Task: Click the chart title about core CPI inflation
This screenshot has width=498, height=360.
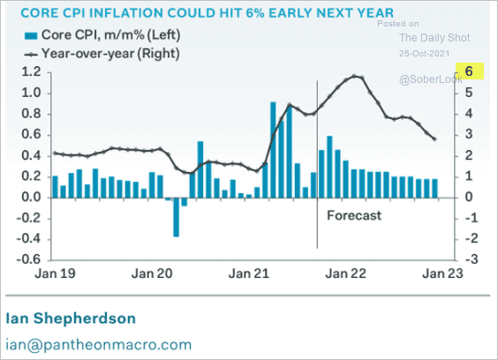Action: click(x=207, y=13)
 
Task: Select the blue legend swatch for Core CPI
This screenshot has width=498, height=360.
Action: click(x=31, y=35)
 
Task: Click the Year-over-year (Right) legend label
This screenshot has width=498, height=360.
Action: click(x=110, y=53)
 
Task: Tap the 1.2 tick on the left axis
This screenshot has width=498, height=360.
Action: click(x=32, y=72)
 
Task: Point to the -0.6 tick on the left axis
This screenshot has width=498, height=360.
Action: click(x=29, y=259)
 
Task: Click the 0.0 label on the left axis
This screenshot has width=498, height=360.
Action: click(x=32, y=197)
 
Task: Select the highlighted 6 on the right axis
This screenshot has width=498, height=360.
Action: click(x=470, y=71)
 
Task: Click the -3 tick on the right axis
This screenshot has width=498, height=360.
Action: click(x=472, y=259)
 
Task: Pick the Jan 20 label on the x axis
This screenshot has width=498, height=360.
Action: click(x=152, y=274)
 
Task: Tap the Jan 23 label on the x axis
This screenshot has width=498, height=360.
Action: click(x=442, y=274)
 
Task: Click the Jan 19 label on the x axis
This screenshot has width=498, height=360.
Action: click(x=56, y=274)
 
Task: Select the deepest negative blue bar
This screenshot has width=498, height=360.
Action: click(x=176, y=217)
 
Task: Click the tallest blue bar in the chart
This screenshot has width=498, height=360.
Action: click(x=273, y=150)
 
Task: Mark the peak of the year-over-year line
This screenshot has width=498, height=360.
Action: click(x=354, y=76)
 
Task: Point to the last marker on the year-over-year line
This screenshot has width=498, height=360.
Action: click(x=434, y=139)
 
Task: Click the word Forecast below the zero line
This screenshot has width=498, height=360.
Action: click(x=354, y=215)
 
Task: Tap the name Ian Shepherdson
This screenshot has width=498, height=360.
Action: click(x=71, y=319)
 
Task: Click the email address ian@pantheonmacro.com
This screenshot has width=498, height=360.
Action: click(x=99, y=345)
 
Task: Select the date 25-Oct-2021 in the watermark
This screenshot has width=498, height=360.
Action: click(x=425, y=53)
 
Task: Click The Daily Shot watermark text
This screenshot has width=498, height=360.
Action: click(x=434, y=38)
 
